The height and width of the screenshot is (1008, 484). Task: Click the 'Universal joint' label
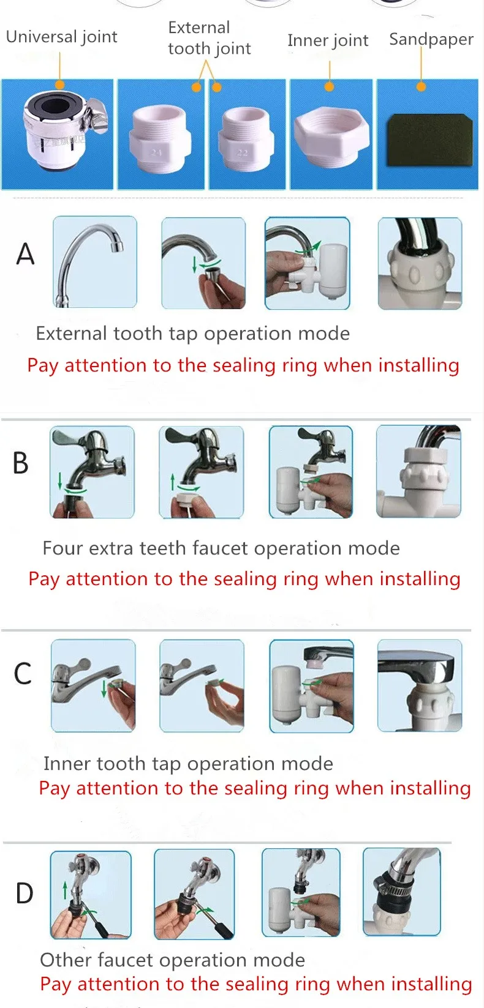[62, 37]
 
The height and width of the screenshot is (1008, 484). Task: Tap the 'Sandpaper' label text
[431, 40]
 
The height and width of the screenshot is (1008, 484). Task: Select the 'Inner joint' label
[328, 41]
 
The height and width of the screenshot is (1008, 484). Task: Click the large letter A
[25, 254]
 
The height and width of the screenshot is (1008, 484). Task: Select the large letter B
[21, 463]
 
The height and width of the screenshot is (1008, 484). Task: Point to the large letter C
[23, 674]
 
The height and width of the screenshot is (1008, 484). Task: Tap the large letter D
[25, 894]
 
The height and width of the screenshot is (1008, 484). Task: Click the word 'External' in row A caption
[71, 334]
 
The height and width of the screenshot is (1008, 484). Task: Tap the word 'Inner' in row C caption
[67, 764]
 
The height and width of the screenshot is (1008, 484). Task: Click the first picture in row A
[95, 262]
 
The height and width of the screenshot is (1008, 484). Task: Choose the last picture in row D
[401, 892]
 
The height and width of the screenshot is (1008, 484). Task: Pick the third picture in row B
[311, 472]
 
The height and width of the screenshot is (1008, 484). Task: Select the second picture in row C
[202, 686]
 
